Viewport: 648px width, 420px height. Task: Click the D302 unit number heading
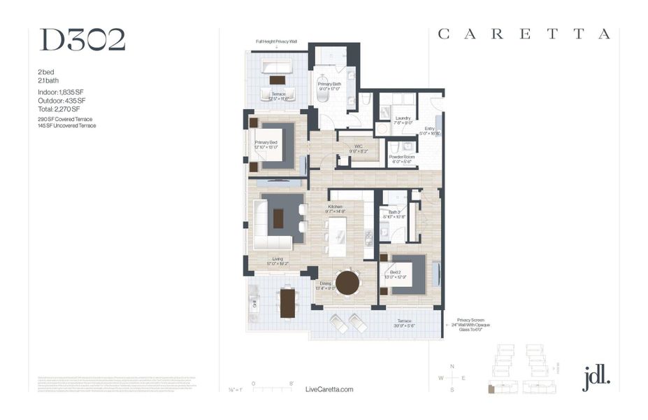(x=82, y=41)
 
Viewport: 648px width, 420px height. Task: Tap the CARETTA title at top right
(x=524, y=34)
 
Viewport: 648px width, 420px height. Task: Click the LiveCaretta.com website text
(x=330, y=389)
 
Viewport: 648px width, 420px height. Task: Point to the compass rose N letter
(x=452, y=367)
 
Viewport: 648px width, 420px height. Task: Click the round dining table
(x=347, y=283)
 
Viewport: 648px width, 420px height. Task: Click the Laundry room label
(x=403, y=120)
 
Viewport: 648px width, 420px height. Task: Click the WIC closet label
(x=357, y=148)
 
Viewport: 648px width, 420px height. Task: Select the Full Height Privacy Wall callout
(x=276, y=42)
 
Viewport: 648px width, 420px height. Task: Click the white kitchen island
(x=337, y=237)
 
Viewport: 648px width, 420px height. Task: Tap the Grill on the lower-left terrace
(x=255, y=302)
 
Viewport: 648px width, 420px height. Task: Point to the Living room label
(x=278, y=260)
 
